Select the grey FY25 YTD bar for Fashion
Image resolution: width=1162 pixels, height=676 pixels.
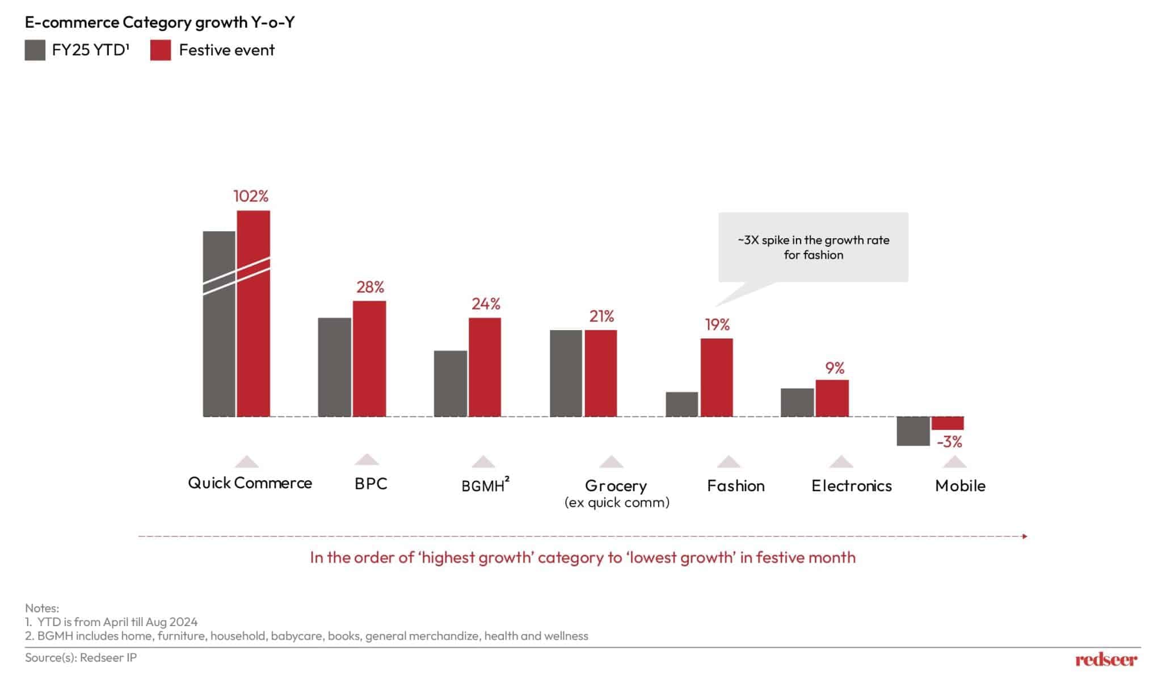click(681, 404)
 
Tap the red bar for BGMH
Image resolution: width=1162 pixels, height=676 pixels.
click(485, 367)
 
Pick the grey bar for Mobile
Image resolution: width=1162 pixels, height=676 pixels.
click(913, 431)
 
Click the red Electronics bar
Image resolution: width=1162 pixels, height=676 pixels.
click(832, 398)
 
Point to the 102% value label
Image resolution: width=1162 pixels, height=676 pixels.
click(251, 196)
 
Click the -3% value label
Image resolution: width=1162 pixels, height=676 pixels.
click(949, 442)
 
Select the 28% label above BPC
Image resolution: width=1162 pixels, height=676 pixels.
click(370, 287)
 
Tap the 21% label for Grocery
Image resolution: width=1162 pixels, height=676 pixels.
click(601, 316)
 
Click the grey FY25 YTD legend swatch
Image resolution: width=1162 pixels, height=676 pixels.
click(35, 50)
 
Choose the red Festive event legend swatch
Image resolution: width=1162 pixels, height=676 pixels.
click(161, 50)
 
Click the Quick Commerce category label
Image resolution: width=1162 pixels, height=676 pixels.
click(250, 483)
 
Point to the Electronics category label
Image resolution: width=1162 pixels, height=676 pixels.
click(851, 486)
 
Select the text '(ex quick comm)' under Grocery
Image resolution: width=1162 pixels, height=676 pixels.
click(617, 502)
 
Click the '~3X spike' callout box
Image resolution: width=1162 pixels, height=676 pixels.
click(813, 247)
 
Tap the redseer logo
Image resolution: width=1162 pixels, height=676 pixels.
click(1106, 659)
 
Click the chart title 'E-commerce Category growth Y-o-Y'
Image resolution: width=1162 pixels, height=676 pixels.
click(159, 22)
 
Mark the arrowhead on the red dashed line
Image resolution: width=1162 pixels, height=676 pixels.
click(1025, 536)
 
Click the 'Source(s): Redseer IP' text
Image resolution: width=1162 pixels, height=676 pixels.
click(81, 657)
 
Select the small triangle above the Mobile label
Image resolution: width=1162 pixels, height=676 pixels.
click(954, 462)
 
